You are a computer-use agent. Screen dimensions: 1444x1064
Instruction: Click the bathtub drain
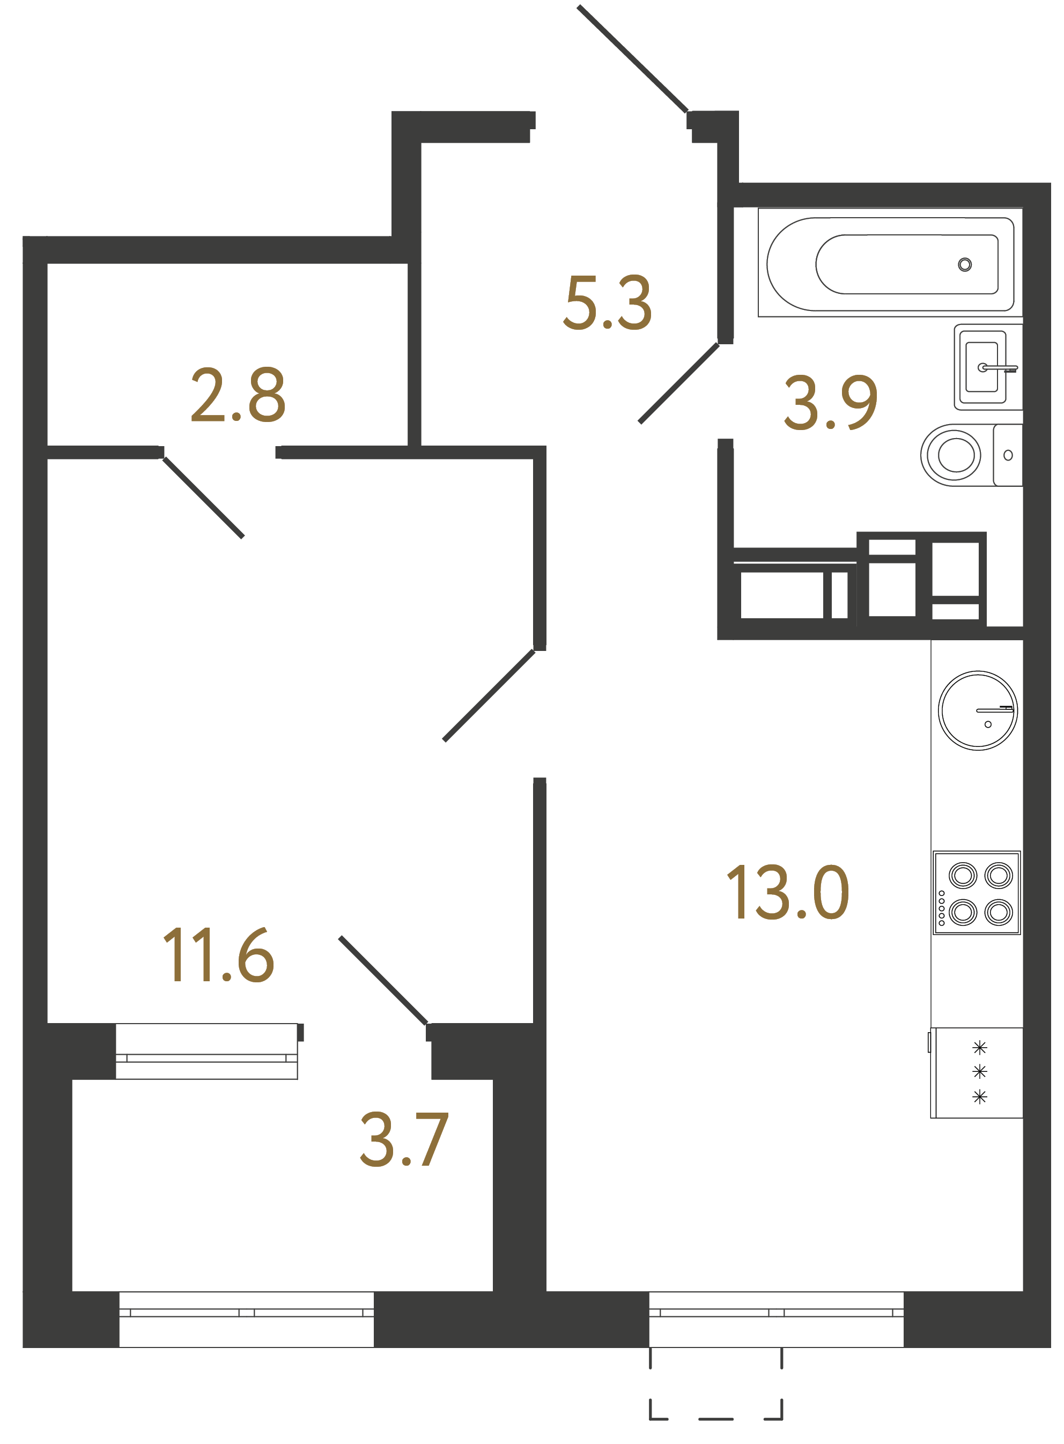(964, 264)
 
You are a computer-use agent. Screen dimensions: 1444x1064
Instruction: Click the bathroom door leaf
(678, 383)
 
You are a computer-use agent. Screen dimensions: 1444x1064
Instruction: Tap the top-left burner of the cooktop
(962, 875)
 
